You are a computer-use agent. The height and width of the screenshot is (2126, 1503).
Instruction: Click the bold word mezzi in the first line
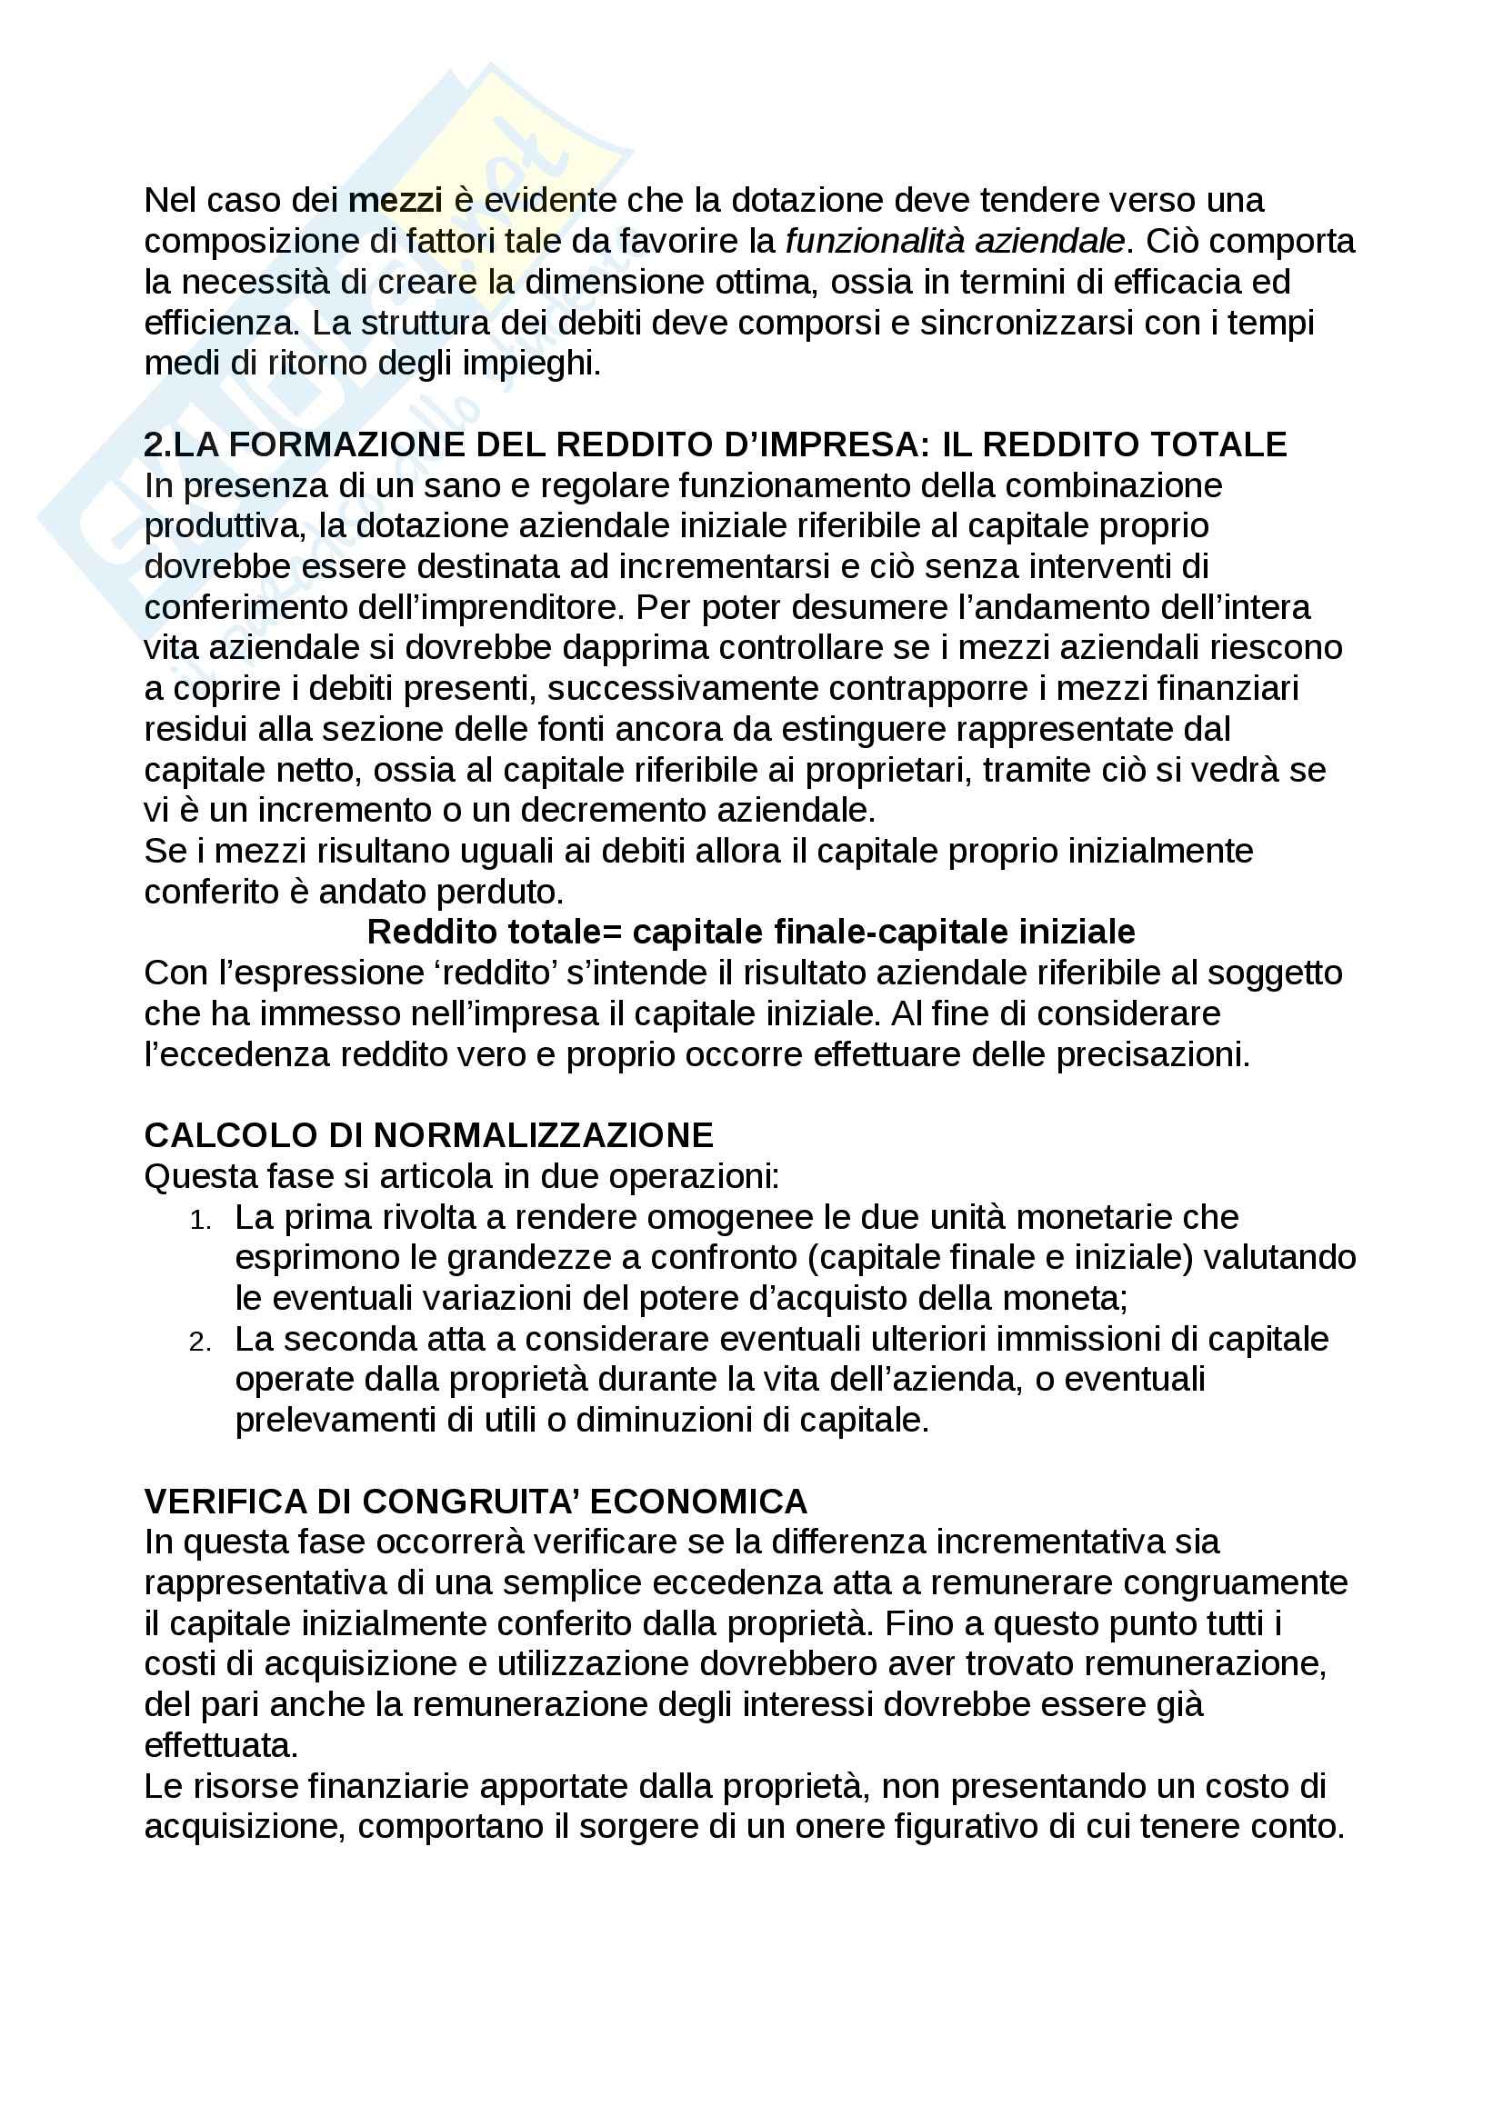pos(396,200)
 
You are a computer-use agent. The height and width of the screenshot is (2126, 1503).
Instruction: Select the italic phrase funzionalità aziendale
pos(955,241)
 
